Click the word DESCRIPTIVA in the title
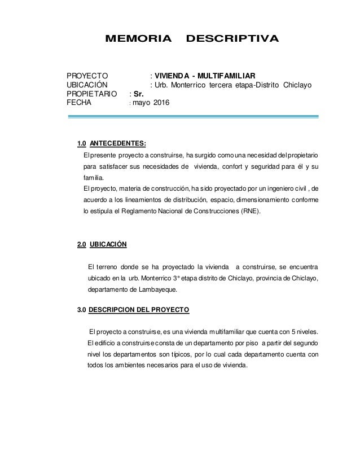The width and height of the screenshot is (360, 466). click(x=232, y=39)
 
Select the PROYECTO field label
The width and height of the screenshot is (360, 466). click(x=88, y=76)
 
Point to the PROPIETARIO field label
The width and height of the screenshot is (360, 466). click(x=93, y=94)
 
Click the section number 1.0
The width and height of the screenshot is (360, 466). click(x=82, y=142)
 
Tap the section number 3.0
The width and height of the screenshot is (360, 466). click(x=82, y=310)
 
